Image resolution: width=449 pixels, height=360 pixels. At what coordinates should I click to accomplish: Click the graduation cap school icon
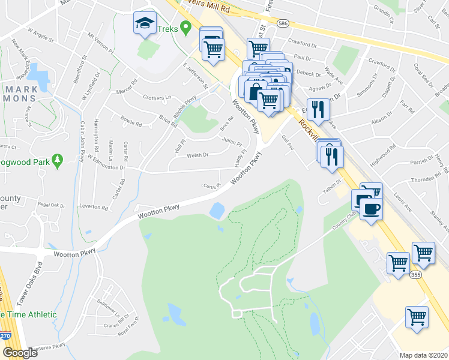tap(144, 23)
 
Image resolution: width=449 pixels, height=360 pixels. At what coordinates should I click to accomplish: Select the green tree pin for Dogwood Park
tap(58, 160)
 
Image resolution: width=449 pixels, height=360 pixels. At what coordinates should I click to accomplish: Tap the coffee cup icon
tap(372, 208)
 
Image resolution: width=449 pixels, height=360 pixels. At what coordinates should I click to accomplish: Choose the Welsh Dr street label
tap(197, 155)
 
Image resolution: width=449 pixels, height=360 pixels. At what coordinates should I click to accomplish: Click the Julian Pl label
tap(232, 143)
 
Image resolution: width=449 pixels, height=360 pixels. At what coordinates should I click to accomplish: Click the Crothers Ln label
tap(157, 97)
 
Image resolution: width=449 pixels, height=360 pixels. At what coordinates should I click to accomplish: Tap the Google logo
tap(20, 352)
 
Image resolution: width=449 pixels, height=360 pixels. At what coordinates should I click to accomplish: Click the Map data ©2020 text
tap(424, 355)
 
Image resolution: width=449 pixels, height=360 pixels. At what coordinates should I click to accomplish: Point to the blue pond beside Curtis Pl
tap(217, 211)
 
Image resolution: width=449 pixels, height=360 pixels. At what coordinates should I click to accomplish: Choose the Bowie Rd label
tap(131, 125)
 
